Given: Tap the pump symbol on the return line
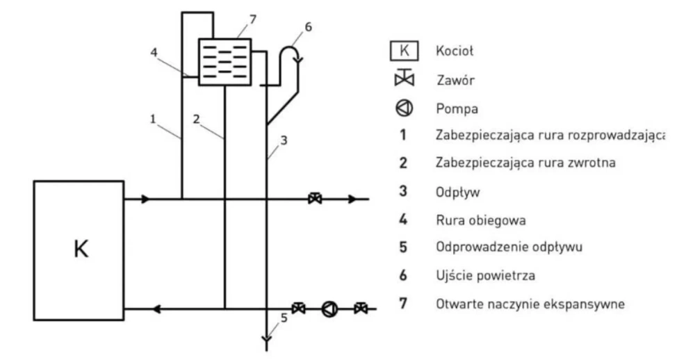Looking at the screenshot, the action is click(x=329, y=309).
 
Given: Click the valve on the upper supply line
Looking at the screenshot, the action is click(x=315, y=198).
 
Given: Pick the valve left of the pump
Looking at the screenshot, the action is click(x=299, y=308).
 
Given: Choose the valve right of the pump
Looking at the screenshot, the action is click(x=361, y=308).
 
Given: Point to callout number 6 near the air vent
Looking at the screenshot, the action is click(x=308, y=27).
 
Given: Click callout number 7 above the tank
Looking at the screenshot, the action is click(x=253, y=20).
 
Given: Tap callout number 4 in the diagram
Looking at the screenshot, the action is click(x=154, y=52).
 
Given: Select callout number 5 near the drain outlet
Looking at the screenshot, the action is click(x=284, y=318).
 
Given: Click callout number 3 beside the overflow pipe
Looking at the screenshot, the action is click(x=284, y=140).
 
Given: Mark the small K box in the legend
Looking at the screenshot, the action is click(x=404, y=51).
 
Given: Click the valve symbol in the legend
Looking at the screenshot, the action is click(x=404, y=78).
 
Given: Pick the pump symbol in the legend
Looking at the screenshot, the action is click(x=404, y=108).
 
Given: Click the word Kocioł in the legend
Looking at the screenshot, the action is click(x=455, y=51).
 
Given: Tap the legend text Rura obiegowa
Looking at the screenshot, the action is click(x=481, y=220).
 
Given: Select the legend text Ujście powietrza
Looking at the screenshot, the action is click(x=485, y=276).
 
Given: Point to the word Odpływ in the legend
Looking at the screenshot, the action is click(x=458, y=193).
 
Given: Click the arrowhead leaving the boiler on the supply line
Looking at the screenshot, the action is click(x=145, y=199).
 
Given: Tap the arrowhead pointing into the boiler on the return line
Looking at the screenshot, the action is click(x=157, y=309).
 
